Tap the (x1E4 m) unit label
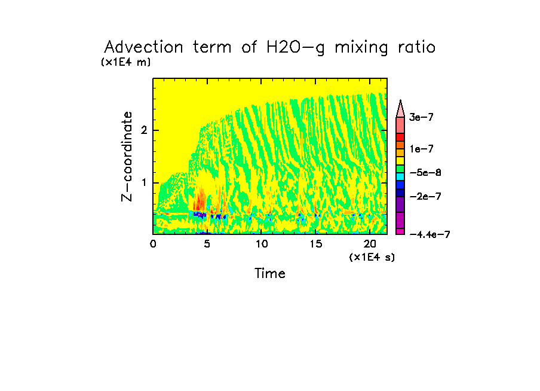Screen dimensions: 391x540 (125, 62)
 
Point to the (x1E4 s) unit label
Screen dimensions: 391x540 (372, 257)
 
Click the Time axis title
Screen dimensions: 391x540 (270, 274)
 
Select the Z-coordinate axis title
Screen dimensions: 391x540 (127, 156)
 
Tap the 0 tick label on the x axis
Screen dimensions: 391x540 (154, 244)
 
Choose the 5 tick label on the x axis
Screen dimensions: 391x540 (206, 244)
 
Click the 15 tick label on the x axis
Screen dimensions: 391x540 (315, 244)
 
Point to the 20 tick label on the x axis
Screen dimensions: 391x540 (370, 244)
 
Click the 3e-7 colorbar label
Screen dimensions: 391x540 (421, 118)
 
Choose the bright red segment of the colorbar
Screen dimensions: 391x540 (400, 137)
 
